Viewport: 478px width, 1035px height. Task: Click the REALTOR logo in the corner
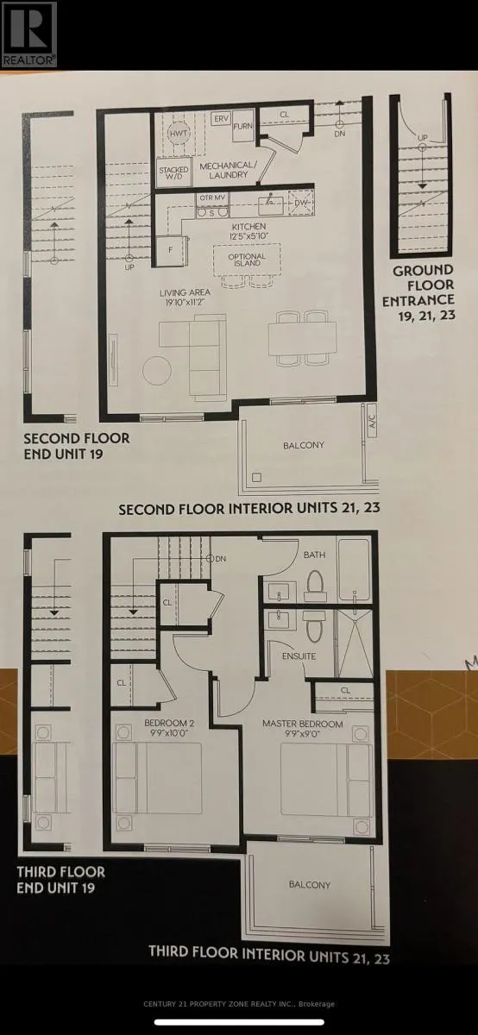coord(28,34)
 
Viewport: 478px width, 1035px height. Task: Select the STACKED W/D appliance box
coord(173,172)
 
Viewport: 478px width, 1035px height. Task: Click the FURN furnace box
coord(242,125)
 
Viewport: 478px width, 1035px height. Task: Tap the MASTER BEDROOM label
coord(303,724)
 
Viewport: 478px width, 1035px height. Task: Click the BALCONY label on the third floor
coord(309,885)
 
